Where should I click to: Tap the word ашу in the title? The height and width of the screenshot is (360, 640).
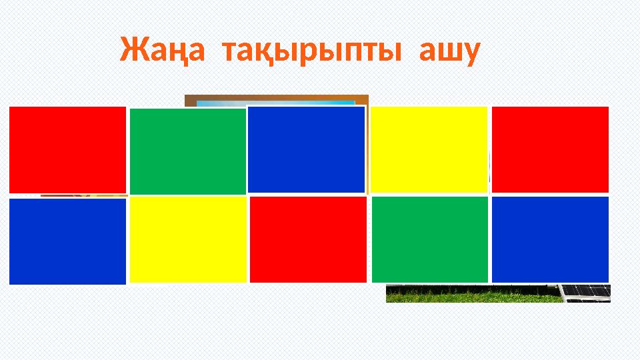point(449,52)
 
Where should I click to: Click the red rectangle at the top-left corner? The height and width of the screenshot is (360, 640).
point(67,149)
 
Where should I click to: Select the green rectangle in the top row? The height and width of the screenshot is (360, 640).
point(187,151)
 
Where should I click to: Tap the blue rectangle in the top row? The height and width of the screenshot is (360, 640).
point(306,149)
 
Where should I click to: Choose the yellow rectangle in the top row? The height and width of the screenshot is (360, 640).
point(429,149)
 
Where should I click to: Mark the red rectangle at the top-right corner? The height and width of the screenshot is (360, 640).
point(550,149)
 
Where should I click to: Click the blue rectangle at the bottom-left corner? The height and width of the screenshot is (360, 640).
point(67,241)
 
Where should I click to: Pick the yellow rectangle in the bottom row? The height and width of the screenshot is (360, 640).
point(188,240)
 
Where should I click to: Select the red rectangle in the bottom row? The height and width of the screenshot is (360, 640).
point(309,239)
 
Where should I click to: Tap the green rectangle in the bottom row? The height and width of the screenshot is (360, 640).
point(429,239)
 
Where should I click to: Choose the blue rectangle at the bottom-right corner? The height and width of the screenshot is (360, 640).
point(550,239)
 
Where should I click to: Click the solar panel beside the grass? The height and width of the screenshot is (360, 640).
point(585,291)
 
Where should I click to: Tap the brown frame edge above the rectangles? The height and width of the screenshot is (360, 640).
point(276,97)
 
